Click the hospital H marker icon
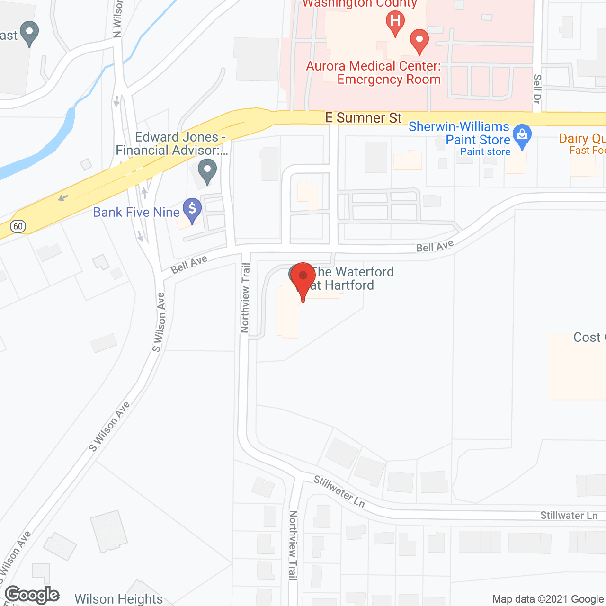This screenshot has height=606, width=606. click(x=395, y=22)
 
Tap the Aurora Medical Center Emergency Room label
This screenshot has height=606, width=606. click(x=374, y=72)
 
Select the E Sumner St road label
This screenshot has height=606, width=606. click(x=364, y=117)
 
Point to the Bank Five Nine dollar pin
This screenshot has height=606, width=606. click(x=192, y=209)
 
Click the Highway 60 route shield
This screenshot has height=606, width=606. click(x=18, y=226)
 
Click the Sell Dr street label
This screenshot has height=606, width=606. click(x=537, y=89)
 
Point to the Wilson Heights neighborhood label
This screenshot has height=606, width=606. click(x=118, y=599)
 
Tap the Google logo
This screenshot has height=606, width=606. click(x=32, y=595)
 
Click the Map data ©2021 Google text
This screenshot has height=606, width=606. click(x=548, y=599)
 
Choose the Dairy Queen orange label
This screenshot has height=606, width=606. click(x=582, y=139)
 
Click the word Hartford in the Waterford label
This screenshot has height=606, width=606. click(x=349, y=285)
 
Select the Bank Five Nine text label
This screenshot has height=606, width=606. click(x=136, y=212)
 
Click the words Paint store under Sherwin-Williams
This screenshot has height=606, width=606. click(x=485, y=152)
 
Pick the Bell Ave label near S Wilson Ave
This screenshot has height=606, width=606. click(x=189, y=264)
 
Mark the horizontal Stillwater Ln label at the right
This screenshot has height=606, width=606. click(x=569, y=515)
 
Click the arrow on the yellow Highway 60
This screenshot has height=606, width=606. click(x=62, y=197)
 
